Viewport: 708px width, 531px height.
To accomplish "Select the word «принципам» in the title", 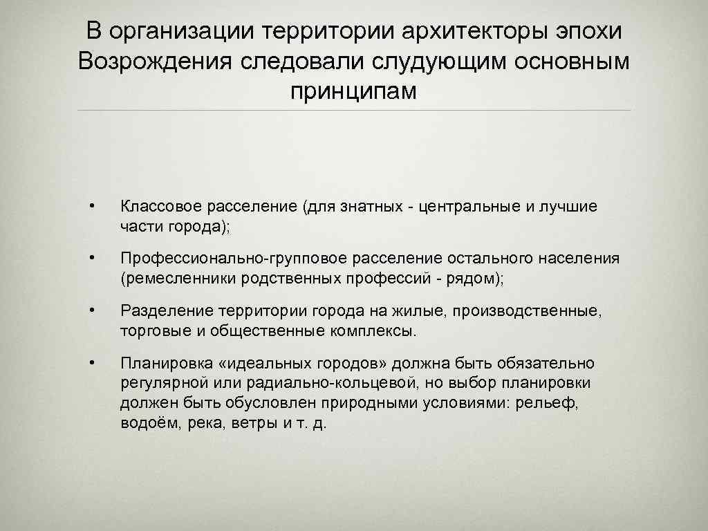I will (354, 91).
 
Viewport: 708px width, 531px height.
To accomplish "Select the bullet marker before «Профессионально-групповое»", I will (91, 259).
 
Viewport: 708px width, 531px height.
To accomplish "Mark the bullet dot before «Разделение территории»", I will (91, 311).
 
